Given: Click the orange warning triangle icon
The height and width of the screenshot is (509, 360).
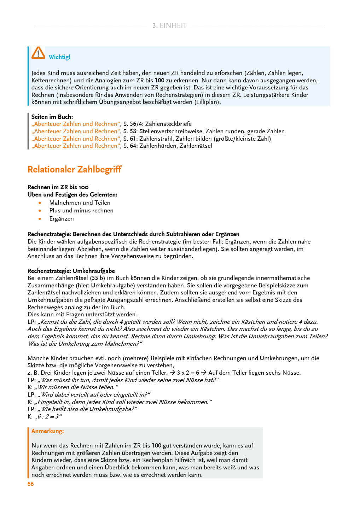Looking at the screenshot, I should coord(38,53).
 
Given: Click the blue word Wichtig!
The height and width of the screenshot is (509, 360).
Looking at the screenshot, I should coord(59,57).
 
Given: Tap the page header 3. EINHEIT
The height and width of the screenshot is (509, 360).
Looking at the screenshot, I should coord(169,25).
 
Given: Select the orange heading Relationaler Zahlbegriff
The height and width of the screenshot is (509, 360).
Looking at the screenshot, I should coord(75,170).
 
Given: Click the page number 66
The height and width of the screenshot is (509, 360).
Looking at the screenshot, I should coord(31,484).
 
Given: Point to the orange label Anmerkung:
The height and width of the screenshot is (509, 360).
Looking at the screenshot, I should coord(48,431).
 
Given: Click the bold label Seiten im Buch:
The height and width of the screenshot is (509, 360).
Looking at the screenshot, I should coord(52,117).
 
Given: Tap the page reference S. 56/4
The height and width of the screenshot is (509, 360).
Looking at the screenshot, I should coord(132,124).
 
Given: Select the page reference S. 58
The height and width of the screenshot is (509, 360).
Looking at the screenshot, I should coord(130,131).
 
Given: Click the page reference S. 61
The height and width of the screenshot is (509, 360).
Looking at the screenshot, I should coord(130,139).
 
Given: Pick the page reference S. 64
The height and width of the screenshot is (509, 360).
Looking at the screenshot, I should coord(130,146).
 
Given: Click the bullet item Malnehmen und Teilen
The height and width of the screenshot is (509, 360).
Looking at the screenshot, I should coord(80,203).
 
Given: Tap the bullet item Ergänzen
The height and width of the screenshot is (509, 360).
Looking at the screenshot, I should coord(62,219).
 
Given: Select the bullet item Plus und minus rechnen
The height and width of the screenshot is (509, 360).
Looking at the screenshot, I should coord(81,211).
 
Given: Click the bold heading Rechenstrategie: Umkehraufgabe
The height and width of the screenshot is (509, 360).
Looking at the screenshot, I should coord(71,271).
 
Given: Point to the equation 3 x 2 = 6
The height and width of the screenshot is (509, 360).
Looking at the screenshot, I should coord(188,373).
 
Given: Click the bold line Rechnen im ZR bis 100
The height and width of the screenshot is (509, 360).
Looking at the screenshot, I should coord(58,187).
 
